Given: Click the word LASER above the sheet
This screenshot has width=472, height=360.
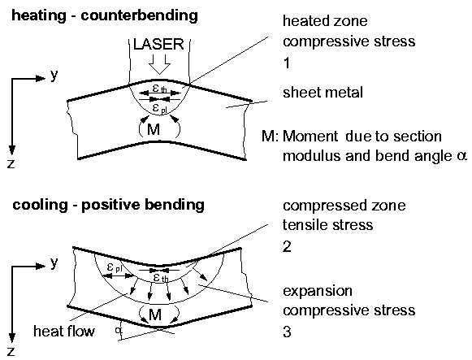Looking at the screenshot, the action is tap(158, 44).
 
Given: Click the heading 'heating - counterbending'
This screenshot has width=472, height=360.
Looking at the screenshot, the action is tap(105, 15).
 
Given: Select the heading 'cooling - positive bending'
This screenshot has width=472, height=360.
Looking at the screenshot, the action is tap(108, 206).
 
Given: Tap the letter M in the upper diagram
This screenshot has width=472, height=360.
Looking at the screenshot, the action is tap(154, 130).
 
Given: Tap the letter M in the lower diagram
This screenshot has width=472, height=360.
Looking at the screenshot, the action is tap(155, 314).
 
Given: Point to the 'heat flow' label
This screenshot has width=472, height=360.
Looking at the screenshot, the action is tap(64, 332).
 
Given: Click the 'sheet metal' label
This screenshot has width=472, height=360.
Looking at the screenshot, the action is tap(323, 93).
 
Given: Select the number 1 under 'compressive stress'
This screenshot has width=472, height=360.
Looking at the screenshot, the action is tap(287, 63).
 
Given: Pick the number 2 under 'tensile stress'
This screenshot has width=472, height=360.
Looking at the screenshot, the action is tap(287, 246).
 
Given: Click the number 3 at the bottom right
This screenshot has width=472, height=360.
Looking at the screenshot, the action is tap(287, 332).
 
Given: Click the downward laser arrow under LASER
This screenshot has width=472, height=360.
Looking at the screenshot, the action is tap(159, 64).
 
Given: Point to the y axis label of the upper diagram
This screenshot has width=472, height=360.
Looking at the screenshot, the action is tap(54, 76).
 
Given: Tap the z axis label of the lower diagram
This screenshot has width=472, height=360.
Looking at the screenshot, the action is tap(11, 352).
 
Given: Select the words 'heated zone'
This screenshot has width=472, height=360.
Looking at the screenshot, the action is tap(325, 21).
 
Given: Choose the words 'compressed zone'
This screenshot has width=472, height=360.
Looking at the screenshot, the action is tap(344, 206).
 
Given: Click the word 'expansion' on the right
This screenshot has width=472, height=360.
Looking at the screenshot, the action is tap(318, 292).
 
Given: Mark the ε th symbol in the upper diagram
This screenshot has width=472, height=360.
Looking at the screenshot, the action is tap(159, 89).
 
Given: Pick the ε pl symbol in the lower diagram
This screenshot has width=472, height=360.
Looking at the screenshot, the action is tap(114, 267).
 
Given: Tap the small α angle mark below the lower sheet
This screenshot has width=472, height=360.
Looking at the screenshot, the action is tap(118, 330).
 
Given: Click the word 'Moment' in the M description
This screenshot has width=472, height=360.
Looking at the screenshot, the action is tap(310, 137).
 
